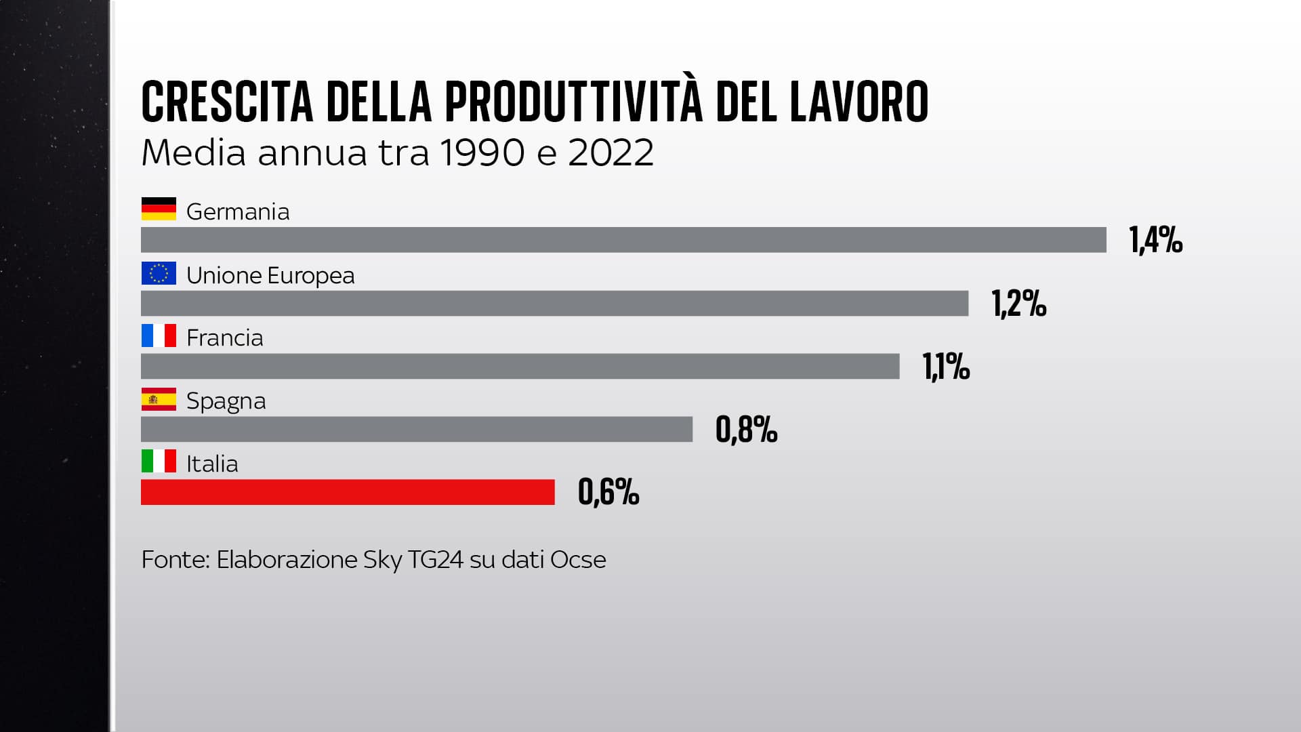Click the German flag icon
coord(159,209)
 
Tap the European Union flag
coord(159,273)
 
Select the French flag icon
coord(159,335)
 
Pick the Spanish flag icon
coord(159,399)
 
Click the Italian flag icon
coord(159,462)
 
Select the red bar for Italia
coord(348,492)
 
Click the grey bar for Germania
coord(623,240)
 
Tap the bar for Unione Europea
coord(554,303)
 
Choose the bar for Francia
coord(520,366)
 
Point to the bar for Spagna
coord(417,429)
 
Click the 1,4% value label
coord(1156,241)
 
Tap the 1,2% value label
coord(1019,304)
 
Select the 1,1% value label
coord(946,367)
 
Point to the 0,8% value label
coord(746,430)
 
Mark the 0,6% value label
coord(608,493)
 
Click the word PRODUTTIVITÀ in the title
coord(573,102)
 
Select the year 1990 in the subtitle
coord(482,152)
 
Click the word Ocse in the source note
coord(578,560)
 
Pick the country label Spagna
coord(226,401)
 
